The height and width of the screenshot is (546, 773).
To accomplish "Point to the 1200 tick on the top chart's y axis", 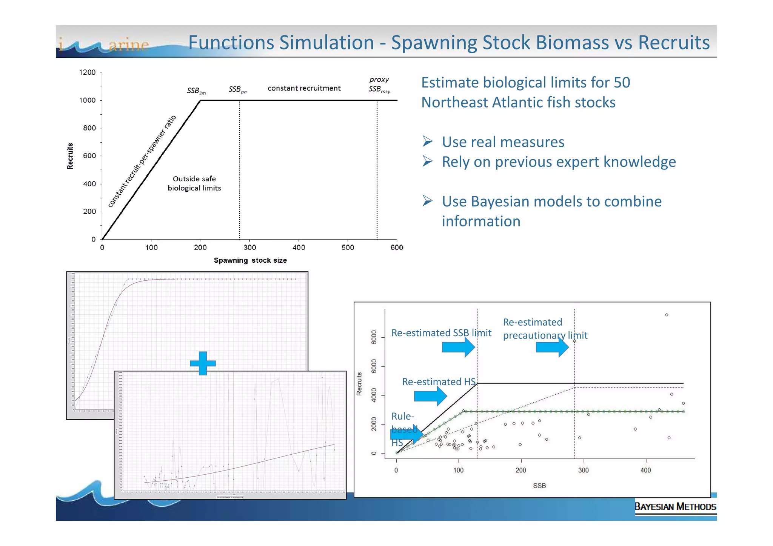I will [87, 72].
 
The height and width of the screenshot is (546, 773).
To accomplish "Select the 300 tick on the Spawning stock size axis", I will [249, 248].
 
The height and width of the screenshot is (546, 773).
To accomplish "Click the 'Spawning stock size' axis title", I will [250, 260].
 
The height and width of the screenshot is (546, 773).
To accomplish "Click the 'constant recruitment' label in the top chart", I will [304, 88].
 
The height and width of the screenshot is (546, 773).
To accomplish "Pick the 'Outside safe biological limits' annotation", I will [194, 183].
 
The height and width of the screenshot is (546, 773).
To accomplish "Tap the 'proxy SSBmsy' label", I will [379, 85].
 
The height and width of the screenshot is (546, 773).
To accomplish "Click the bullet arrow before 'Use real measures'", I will [427, 141].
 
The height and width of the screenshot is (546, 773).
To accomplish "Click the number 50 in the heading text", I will [621, 83].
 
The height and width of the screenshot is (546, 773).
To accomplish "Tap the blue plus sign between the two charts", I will [203, 363].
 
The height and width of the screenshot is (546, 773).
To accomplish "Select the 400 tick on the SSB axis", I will [646, 470].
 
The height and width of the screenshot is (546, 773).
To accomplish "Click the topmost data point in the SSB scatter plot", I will [667, 315].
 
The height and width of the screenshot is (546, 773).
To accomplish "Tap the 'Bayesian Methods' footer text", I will [675, 506].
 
